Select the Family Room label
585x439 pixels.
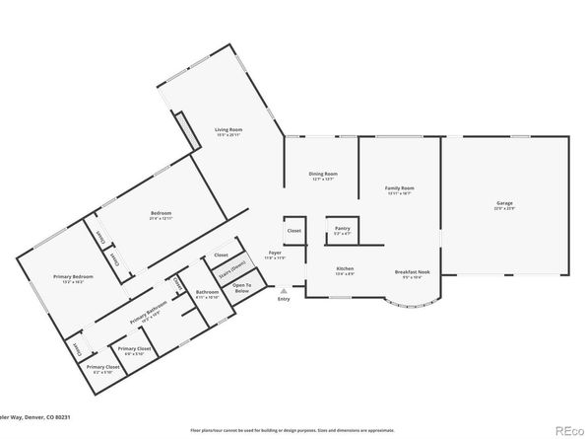[399, 189]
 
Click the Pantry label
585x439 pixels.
[342, 230]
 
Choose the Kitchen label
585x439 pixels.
[345, 270]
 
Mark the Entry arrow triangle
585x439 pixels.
[284, 292]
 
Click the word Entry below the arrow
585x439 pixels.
[285, 302]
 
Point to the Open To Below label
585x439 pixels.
[242, 287]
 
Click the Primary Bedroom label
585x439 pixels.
[51, 279]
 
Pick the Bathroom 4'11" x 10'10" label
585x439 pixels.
[207, 293]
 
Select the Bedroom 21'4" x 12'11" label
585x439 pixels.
[162, 215]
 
